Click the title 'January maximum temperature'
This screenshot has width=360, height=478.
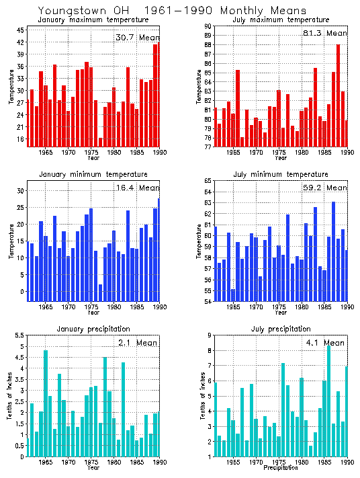92,19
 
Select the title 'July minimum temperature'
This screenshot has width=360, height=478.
281,174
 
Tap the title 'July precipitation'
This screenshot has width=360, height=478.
281,329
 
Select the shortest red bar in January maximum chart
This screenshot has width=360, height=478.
101,142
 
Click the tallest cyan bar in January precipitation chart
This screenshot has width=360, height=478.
46,403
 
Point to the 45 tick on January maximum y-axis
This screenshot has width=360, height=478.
20,30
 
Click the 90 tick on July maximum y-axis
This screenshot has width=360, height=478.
208,26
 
